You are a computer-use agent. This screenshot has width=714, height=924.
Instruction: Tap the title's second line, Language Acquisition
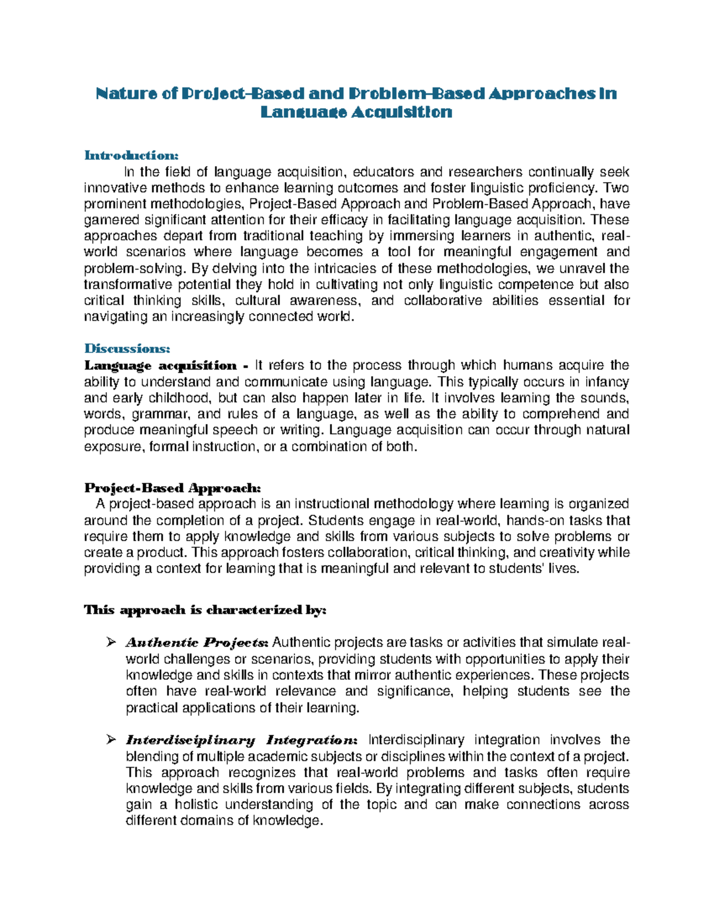point(356,112)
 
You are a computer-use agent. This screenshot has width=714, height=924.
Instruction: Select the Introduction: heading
point(131,155)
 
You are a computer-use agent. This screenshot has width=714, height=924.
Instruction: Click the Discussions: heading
point(127,348)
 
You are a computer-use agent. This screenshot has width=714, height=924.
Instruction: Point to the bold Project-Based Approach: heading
point(173,488)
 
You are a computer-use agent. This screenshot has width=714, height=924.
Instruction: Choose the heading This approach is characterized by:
point(205,610)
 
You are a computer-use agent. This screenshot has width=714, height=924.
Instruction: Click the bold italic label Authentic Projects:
point(197,643)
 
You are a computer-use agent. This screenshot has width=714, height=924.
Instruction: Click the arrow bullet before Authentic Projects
point(110,643)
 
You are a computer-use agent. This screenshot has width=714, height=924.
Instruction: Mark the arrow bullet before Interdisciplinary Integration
point(110,740)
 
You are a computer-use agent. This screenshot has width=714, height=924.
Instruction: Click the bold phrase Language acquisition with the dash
point(166,365)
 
